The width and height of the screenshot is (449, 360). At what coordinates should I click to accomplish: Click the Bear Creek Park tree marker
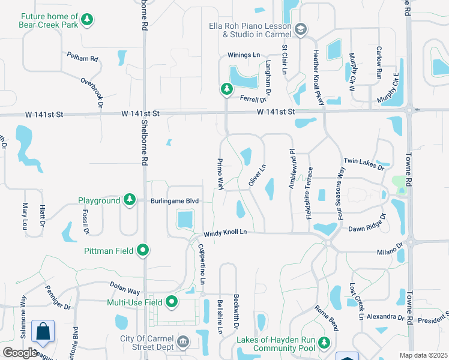87,20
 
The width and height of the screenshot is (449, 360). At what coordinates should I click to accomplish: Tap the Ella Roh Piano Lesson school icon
300,29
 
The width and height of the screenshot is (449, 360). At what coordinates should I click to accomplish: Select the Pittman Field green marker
142,249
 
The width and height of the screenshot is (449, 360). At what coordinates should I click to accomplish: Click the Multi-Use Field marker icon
172,302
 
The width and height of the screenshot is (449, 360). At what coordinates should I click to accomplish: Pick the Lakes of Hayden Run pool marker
324,343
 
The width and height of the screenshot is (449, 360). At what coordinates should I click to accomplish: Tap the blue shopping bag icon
43,332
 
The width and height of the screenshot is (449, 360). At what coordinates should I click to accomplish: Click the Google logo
20,353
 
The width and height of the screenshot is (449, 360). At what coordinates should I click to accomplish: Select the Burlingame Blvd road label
174,200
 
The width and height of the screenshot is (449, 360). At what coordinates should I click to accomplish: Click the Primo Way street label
220,175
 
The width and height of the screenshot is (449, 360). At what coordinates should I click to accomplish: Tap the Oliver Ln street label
256,175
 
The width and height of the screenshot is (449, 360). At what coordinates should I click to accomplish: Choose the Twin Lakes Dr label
364,164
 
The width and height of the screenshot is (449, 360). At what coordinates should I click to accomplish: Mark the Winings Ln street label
243,55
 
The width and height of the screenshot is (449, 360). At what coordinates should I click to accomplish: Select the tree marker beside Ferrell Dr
226,89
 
